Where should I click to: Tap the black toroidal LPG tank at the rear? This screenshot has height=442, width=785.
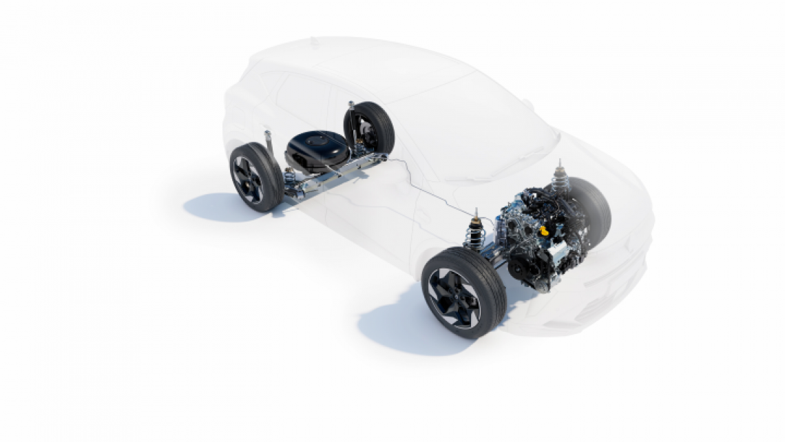317,148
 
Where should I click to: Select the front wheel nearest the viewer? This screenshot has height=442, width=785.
463,293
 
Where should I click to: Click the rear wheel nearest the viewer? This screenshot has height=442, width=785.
255,177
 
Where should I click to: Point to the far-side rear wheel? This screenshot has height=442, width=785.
370,128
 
